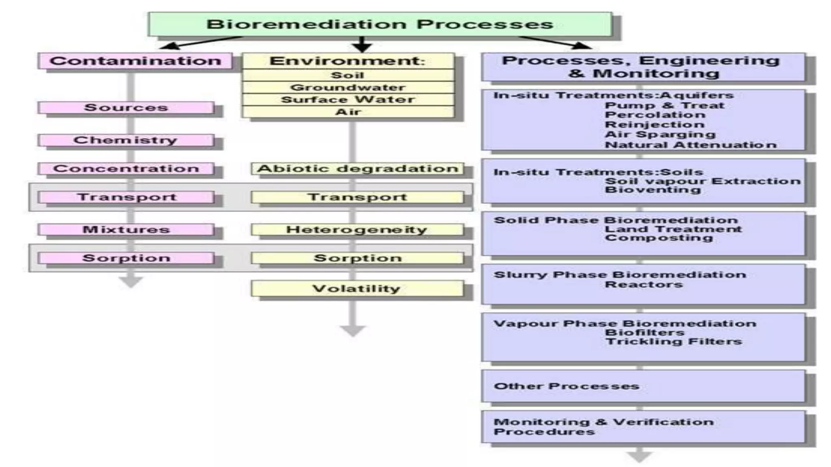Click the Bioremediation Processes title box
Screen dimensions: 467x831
point(380,24)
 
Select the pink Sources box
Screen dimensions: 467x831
point(126,107)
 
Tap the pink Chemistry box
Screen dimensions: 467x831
point(126,140)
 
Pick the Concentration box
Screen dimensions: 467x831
point(126,168)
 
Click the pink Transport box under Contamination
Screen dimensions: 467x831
point(126,197)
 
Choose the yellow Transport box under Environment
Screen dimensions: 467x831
point(357,197)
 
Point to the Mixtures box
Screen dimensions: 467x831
point(126,229)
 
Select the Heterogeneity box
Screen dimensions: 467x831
point(357,229)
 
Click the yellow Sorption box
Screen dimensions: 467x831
point(357,258)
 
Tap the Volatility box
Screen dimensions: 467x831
point(357,289)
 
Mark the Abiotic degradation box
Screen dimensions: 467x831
point(357,168)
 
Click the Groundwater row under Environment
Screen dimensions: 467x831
point(348,87)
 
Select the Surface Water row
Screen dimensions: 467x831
point(348,99)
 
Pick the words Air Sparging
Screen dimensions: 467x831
point(660,135)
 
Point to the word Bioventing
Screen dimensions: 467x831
point(653,190)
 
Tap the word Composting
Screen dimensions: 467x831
point(659,238)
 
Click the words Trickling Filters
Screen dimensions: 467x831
point(674,342)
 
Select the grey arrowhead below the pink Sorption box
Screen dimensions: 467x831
point(131,281)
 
